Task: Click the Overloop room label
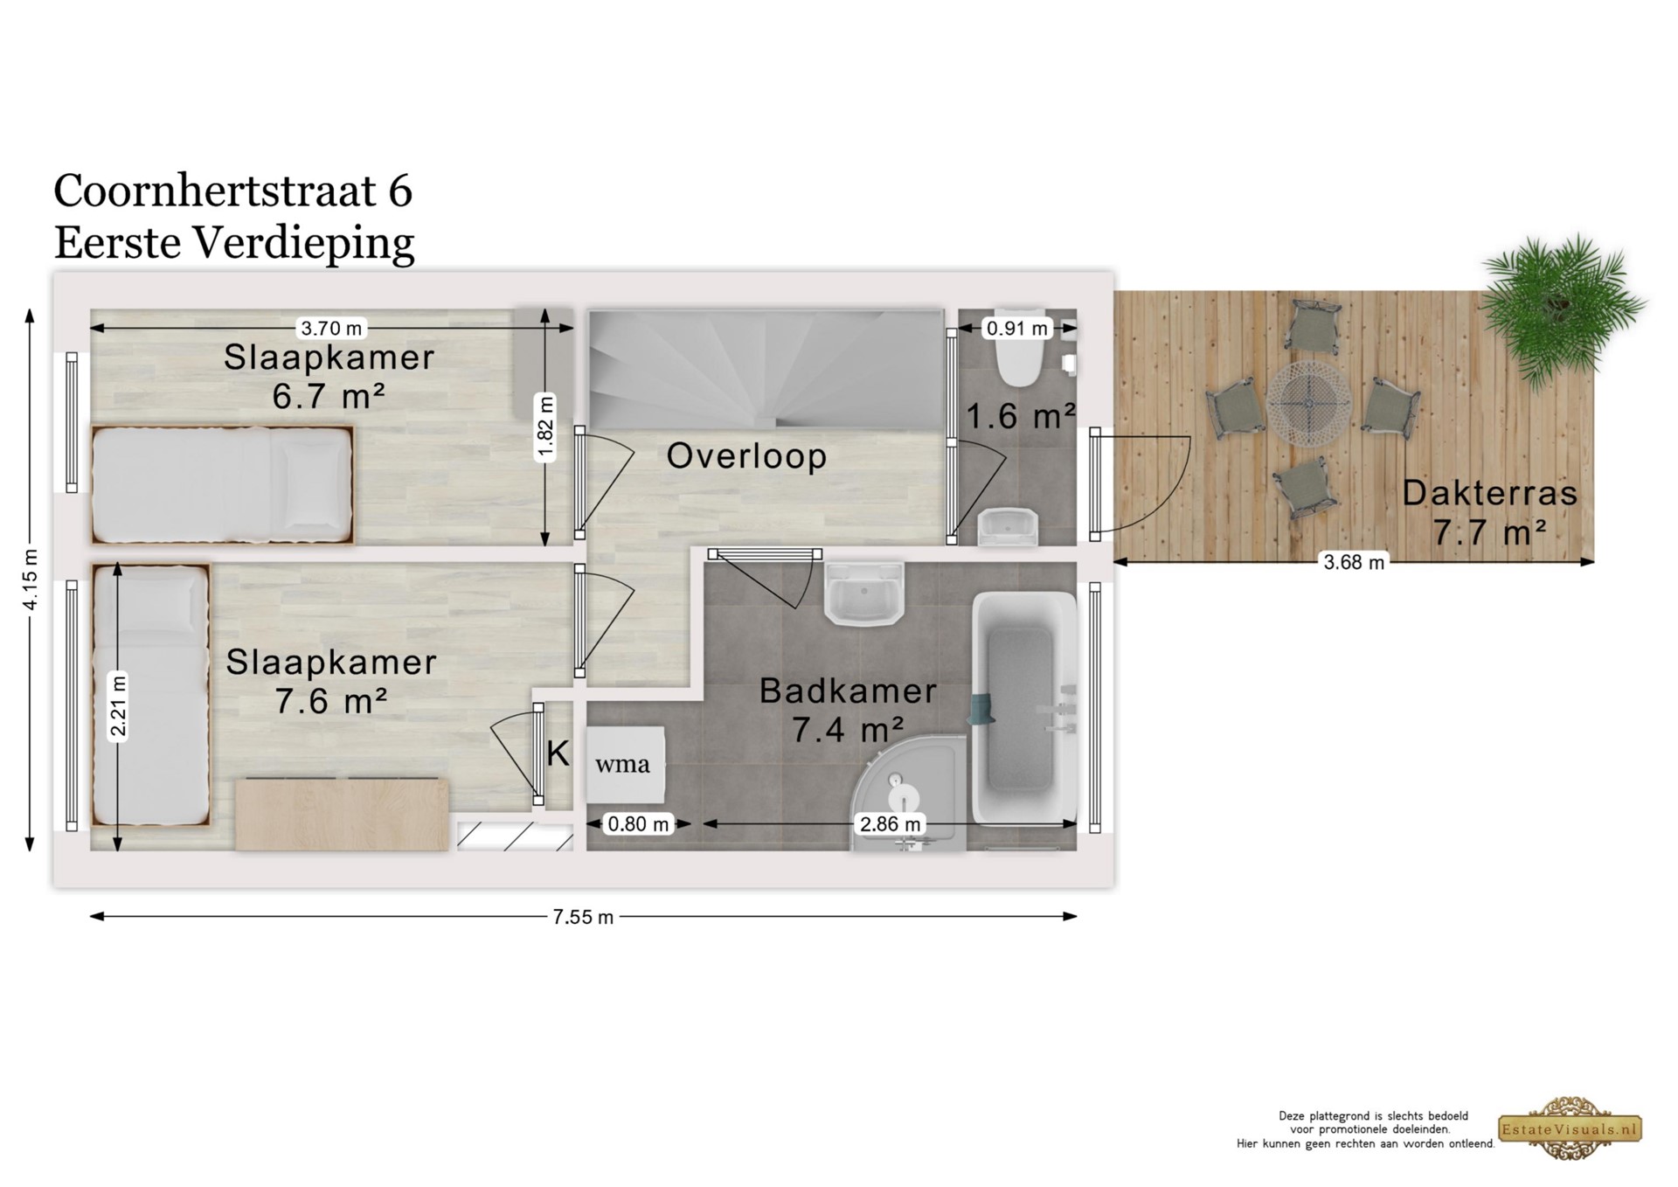746,455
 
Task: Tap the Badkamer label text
848,691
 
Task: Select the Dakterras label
1490,493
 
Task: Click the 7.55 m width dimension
583,917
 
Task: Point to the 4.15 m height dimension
31,580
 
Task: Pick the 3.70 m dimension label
331,329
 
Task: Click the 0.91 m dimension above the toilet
1017,329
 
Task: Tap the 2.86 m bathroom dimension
890,824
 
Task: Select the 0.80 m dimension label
638,824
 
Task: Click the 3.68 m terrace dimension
1354,563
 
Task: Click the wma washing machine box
624,764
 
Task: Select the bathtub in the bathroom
1024,708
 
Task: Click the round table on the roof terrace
1308,404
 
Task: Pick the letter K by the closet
558,753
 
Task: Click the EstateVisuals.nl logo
1571,1128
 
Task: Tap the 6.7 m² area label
329,397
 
